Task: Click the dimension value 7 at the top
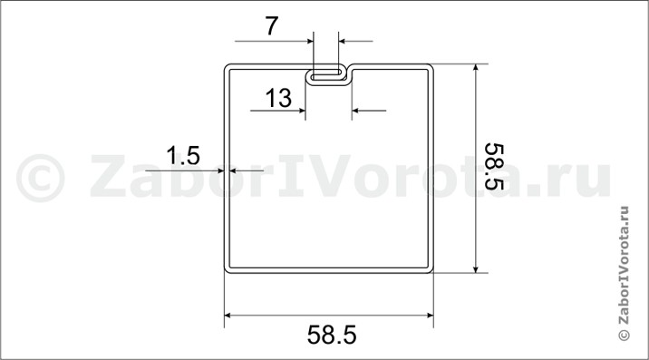(x=272, y=26)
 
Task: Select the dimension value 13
(x=278, y=98)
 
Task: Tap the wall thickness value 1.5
(x=183, y=156)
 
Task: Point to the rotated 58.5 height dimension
(x=494, y=167)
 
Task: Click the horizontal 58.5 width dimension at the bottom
(x=332, y=335)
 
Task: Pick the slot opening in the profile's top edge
(x=327, y=77)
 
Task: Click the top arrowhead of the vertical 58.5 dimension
(x=476, y=67)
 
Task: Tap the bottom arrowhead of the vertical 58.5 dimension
(x=476, y=268)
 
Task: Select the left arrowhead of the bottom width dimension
(x=228, y=316)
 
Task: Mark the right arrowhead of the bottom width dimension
(x=430, y=316)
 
